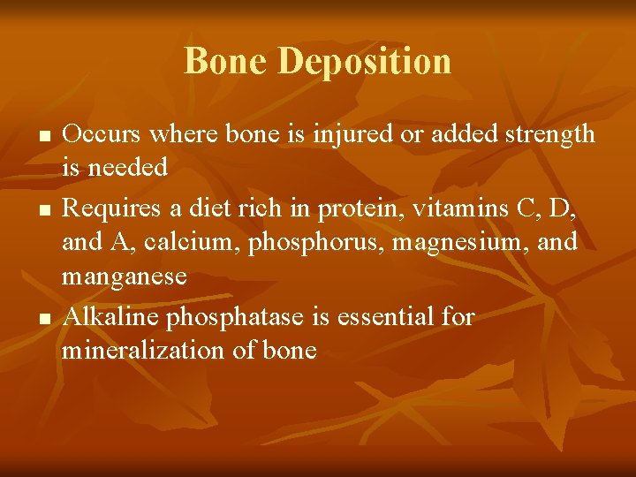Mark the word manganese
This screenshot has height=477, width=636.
pos(124,276)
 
